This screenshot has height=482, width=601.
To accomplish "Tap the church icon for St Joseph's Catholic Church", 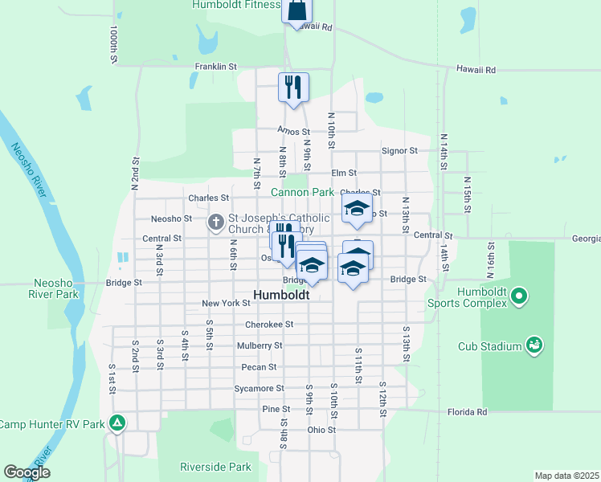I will (x=216, y=223).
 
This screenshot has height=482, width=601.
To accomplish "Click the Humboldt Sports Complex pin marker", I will (x=519, y=296).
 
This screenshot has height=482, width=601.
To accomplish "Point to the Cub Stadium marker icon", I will (x=534, y=345).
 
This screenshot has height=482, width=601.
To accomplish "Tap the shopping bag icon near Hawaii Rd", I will (x=296, y=10).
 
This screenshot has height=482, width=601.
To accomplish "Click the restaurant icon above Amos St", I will (x=293, y=86).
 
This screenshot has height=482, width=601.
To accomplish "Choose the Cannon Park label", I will (x=301, y=192).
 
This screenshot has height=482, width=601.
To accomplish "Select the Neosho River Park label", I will (x=55, y=288).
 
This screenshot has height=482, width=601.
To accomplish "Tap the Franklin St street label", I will (x=215, y=67).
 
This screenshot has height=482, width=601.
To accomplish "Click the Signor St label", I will (x=399, y=150).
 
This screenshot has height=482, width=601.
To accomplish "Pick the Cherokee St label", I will (x=270, y=325).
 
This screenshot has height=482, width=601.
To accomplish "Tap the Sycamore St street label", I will (x=259, y=388).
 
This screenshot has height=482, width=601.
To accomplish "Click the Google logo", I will (x=27, y=472).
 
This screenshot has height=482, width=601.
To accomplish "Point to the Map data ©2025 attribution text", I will (x=566, y=476).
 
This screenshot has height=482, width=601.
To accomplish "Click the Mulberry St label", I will (x=260, y=345).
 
